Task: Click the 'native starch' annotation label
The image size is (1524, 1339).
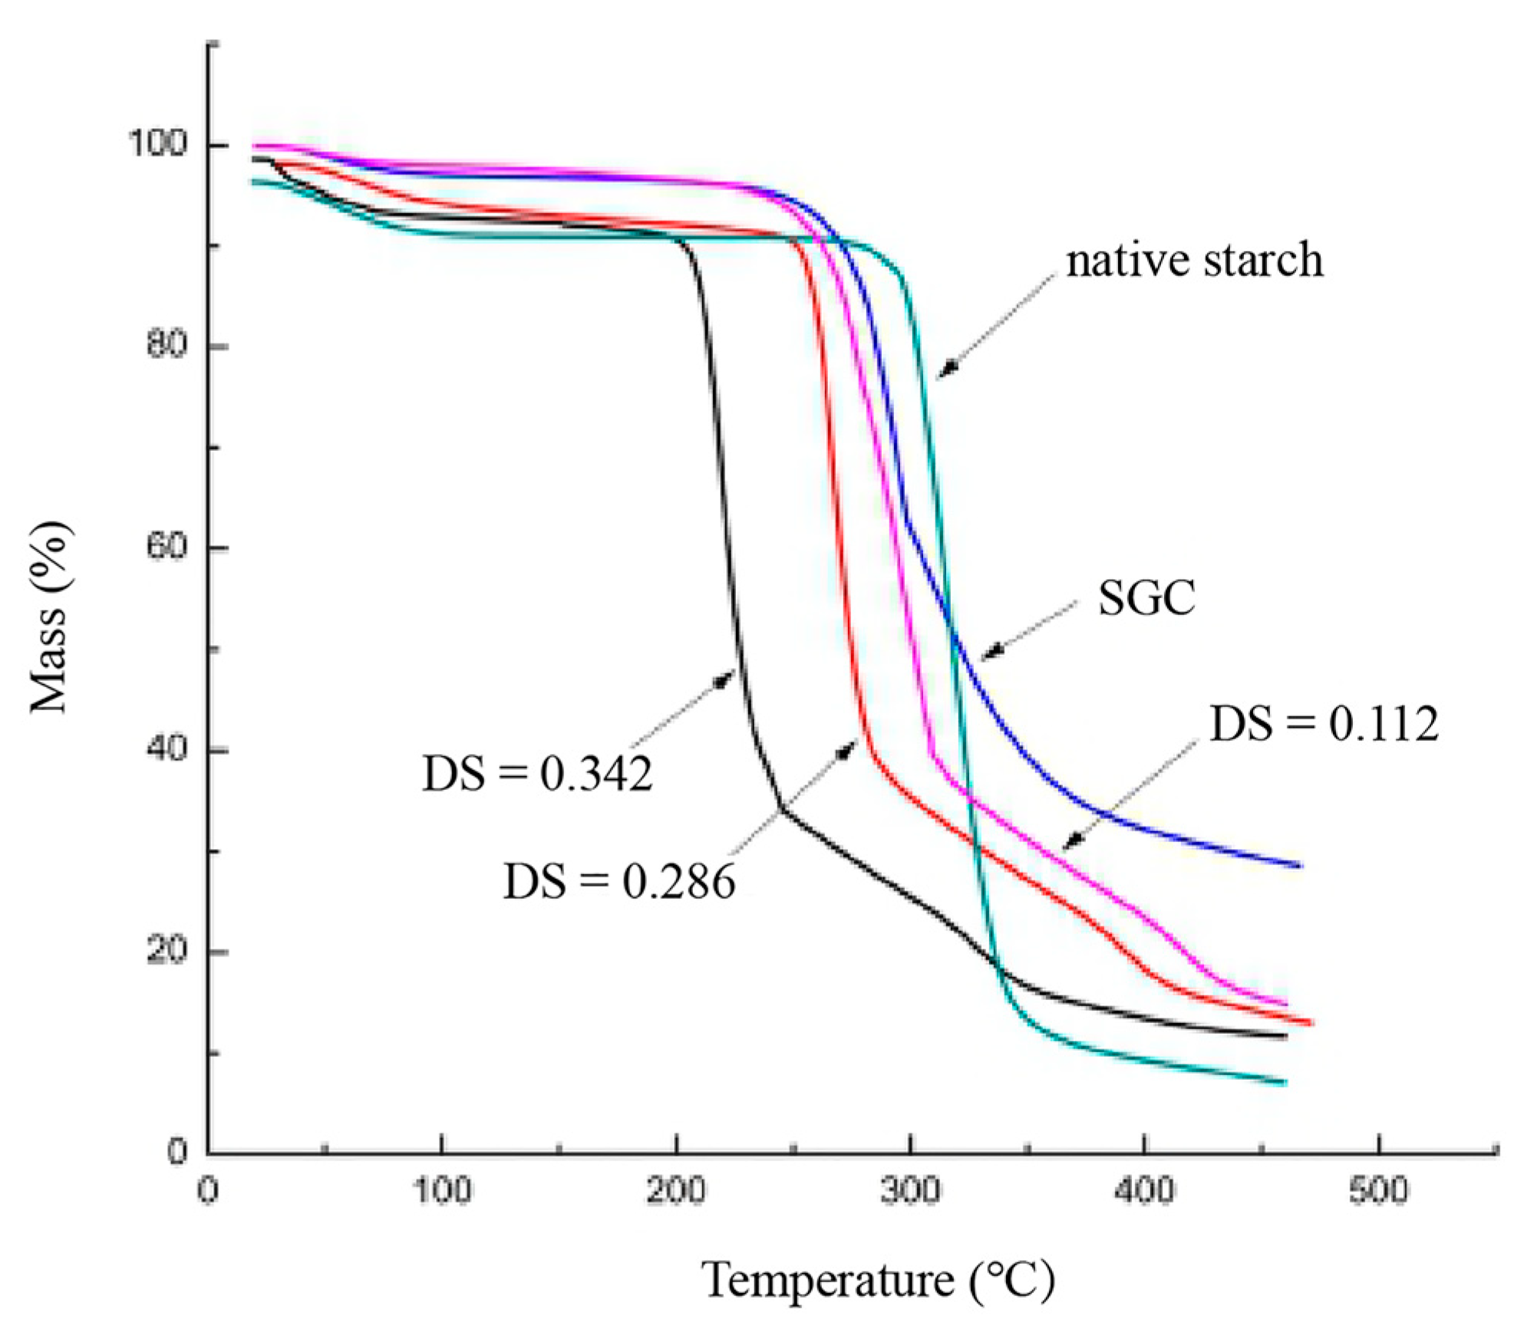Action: [x=1195, y=261]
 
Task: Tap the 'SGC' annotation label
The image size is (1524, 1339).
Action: [x=1146, y=598]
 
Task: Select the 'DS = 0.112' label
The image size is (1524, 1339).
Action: [x=1324, y=723]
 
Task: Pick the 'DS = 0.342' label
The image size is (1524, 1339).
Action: [x=537, y=774]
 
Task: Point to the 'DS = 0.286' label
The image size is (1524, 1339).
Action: [x=619, y=882]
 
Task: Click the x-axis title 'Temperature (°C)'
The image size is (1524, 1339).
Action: [x=878, y=1281]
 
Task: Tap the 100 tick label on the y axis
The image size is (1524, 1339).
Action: [x=157, y=143]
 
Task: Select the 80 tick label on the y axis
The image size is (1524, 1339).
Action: [x=166, y=345]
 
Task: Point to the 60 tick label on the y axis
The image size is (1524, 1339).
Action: [x=166, y=547]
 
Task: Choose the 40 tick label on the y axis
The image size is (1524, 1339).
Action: [x=166, y=748]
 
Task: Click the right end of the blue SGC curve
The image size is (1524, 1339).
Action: [x=1300, y=866]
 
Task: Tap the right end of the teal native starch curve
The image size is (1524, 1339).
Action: [x=1285, y=1083]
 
